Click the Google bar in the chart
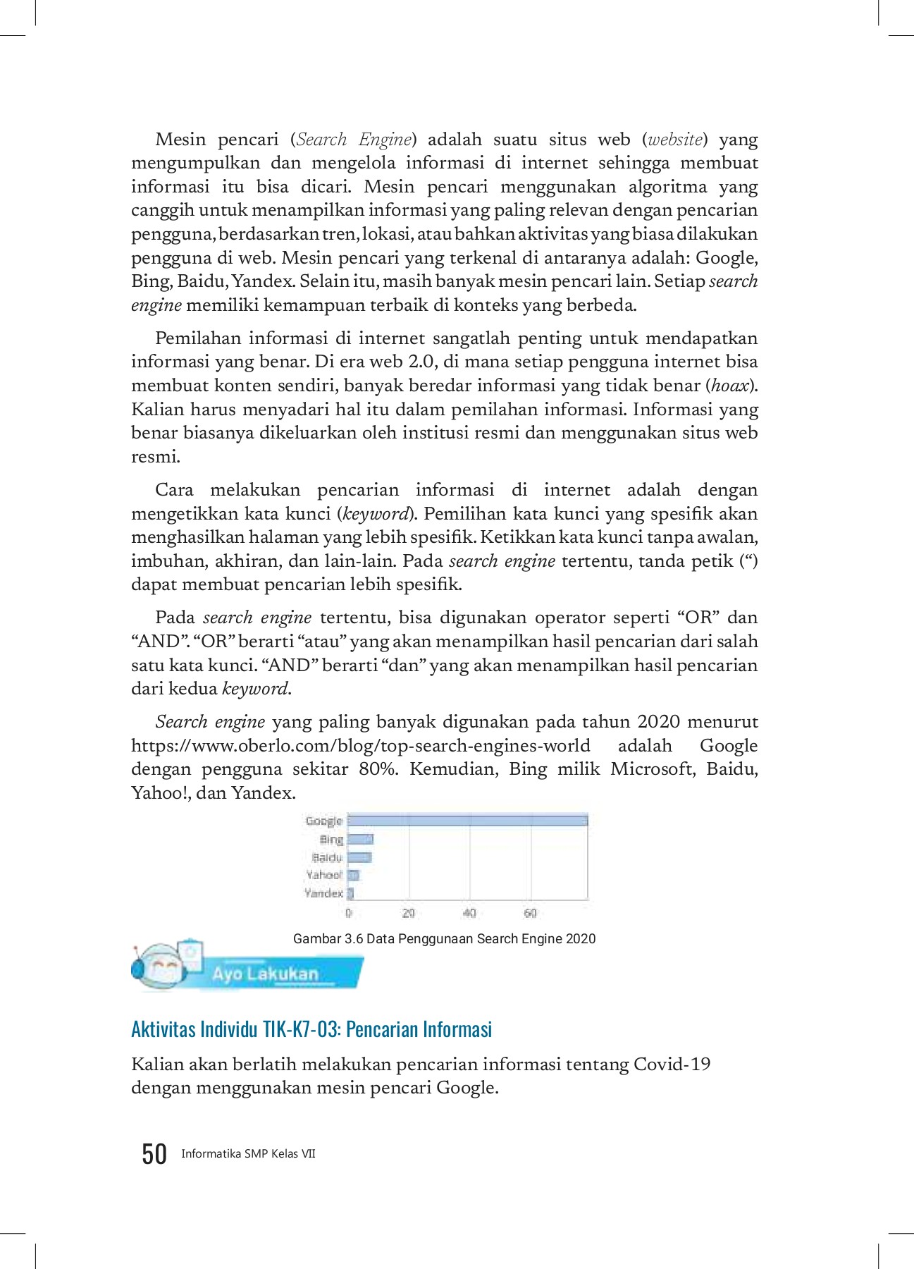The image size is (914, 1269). pyautogui.click(x=467, y=821)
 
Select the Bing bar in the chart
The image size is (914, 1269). pyautogui.click(x=360, y=839)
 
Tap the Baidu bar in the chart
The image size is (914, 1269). pyautogui.click(x=359, y=857)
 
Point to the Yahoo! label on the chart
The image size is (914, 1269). pyautogui.click(x=323, y=875)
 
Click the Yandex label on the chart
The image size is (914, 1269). pyautogui.click(x=323, y=893)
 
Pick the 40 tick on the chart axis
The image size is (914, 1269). pyautogui.click(x=469, y=913)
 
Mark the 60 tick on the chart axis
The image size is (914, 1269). pyautogui.click(x=530, y=913)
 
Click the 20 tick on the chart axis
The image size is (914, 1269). pyautogui.click(x=408, y=913)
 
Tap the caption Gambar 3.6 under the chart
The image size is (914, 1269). pyautogui.click(x=444, y=939)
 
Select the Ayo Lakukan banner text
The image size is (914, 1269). pyautogui.click(x=266, y=974)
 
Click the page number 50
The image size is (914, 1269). pyautogui.click(x=154, y=1154)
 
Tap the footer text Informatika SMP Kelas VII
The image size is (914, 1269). pyautogui.click(x=248, y=1154)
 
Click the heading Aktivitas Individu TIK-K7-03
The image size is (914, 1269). pyautogui.click(x=311, y=1029)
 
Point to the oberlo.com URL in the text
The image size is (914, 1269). pyautogui.click(x=361, y=746)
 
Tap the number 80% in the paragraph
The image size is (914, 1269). pyautogui.click(x=378, y=769)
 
